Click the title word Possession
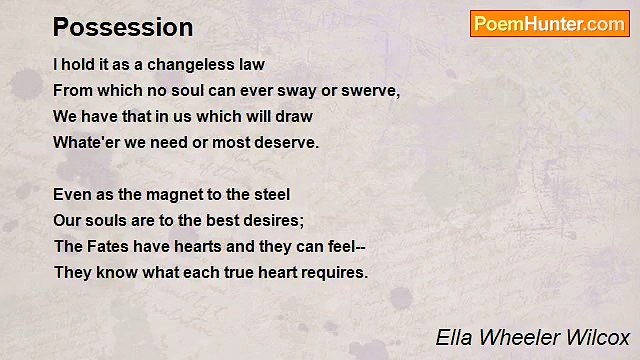click(x=123, y=26)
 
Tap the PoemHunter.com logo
click(x=549, y=24)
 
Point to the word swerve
click(x=370, y=91)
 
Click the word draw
click(x=292, y=117)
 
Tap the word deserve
click(x=284, y=143)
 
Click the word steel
click(x=270, y=195)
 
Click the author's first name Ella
click(x=453, y=337)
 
